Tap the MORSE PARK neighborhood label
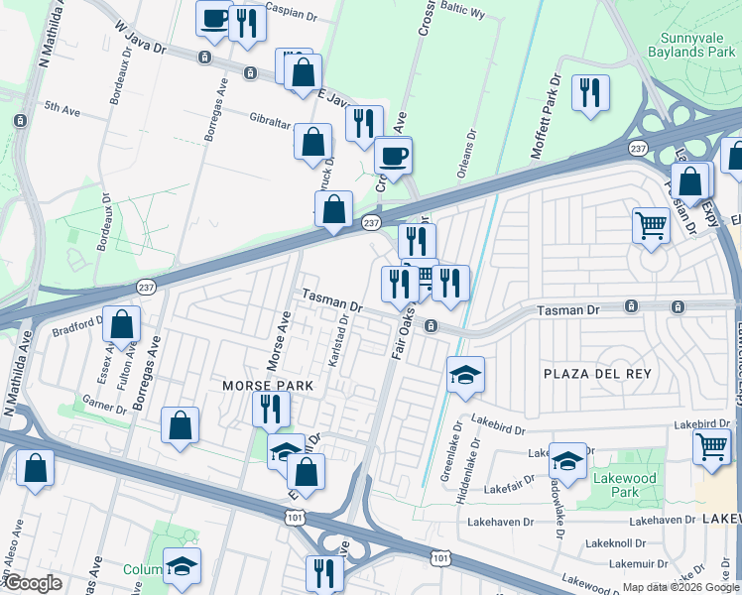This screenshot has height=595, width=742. (267, 385)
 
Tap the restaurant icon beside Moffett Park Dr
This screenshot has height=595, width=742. (590, 92)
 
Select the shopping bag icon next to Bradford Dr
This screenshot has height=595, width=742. (121, 323)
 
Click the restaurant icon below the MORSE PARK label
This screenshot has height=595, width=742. (269, 408)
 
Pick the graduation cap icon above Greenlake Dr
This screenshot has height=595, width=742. (465, 375)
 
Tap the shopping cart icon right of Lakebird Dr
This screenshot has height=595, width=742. (713, 445)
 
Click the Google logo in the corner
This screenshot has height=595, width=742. (32, 583)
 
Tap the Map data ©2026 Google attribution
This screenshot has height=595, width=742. (680, 587)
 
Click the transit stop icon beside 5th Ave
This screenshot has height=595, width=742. (20, 120)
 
